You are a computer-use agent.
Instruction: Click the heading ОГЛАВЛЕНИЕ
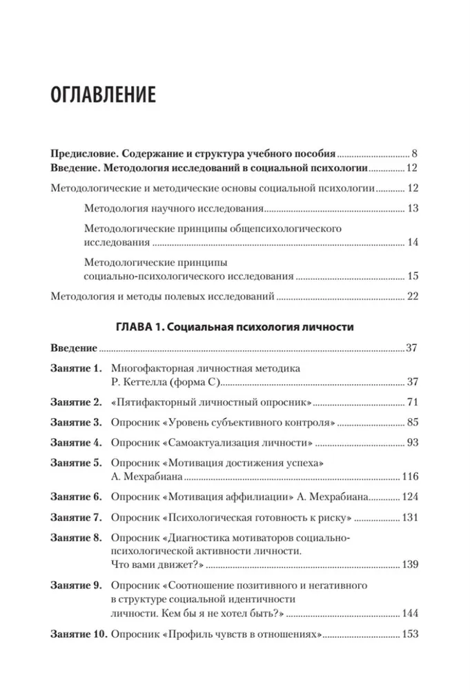112,95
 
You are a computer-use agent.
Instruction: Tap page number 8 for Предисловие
414,153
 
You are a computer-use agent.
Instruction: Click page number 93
411,443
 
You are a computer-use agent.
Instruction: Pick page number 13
411,209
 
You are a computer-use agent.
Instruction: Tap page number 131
410,517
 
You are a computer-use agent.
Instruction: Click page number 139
410,565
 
